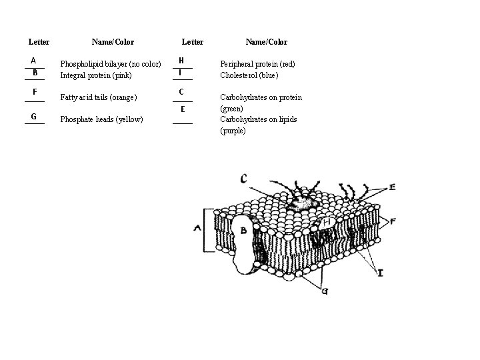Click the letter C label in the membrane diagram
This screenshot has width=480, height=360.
click(x=244, y=178)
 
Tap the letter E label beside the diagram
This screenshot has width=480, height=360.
click(x=392, y=187)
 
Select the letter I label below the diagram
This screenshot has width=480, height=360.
click(x=380, y=273)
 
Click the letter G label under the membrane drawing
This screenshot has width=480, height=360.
click(x=324, y=291)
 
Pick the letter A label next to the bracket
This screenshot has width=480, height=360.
click(x=197, y=227)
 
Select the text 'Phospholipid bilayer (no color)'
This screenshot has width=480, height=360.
click(x=111, y=64)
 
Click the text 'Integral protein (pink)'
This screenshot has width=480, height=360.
click(x=96, y=75)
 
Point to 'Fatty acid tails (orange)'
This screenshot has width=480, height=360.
click(x=99, y=97)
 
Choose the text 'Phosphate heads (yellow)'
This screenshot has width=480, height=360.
click(x=101, y=119)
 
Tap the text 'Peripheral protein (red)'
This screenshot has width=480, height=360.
click(x=257, y=64)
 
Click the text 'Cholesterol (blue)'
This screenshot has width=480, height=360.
click(x=249, y=75)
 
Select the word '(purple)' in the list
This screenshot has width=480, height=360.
click(x=233, y=131)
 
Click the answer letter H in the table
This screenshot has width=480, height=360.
click(x=181, y=61)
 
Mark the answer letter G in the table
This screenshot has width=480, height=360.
click(x=33, y=117)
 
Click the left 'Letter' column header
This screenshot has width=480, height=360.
click(x=39, y=42)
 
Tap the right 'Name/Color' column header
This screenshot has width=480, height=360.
click(x=266, y=42)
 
